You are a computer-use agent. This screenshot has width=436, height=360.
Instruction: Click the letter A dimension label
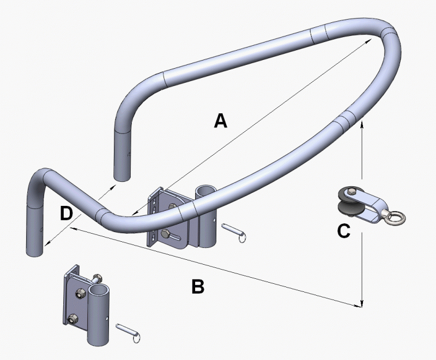[220, 121]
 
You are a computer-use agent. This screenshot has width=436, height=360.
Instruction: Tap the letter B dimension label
[198, 286]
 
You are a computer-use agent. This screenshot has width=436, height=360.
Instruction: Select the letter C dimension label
[343, 231]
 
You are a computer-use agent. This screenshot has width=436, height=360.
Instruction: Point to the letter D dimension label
[65, 214]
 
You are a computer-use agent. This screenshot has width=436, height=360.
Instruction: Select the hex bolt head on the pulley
[352, 191]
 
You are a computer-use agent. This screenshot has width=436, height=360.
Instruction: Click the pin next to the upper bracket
[237, 233]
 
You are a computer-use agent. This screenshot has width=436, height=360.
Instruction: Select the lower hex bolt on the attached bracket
[166, 236]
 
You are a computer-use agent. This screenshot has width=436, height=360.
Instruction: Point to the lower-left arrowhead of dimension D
[46, 245]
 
